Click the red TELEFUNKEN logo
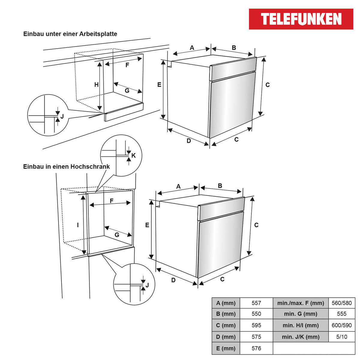point(301,19)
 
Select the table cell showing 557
point(256,303)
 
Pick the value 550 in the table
point(256,314)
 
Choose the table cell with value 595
point(256,325)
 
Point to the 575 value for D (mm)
point(256,337)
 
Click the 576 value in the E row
point(256,349)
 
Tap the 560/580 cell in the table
point(341,303)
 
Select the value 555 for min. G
point(341,314)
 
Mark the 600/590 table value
point(341,325)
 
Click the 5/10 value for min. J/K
point(341,337)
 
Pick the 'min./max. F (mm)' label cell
point(301,303)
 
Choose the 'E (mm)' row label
point(226,349)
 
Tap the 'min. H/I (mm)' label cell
point(301,325)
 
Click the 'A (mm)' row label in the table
point(226,303)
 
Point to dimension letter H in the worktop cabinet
point(96,85)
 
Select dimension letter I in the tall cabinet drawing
point(78,225)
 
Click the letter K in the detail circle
point(133,155)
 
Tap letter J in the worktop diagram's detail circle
point(62,116)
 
